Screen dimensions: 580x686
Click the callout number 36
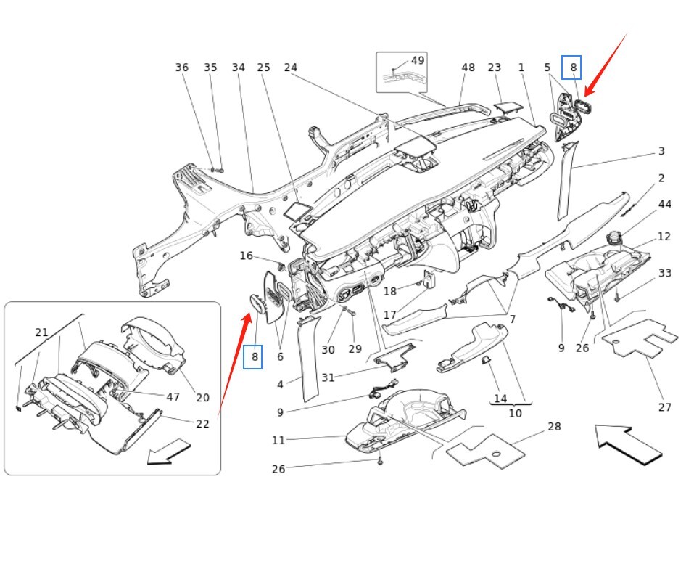coord(182,68)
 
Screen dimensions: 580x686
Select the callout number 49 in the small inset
coord(418,60)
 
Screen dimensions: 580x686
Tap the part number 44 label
coord(664,205)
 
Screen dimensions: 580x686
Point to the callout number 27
coord(664,407)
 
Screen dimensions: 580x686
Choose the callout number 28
coord(554,426)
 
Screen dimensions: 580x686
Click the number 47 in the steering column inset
coord(173,396)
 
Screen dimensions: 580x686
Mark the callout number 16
coord(247,256)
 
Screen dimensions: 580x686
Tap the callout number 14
coord(500,399)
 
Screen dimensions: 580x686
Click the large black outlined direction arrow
coord(627,444)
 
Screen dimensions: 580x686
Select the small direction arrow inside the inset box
coord(168,452)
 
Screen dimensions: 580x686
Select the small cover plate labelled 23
coord(508,106)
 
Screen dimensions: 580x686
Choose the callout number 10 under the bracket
coord(515,414)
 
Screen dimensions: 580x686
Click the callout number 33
coord(664,273)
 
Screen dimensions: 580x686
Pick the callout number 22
coord(202,424)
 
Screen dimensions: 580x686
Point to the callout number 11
coord(279,440)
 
